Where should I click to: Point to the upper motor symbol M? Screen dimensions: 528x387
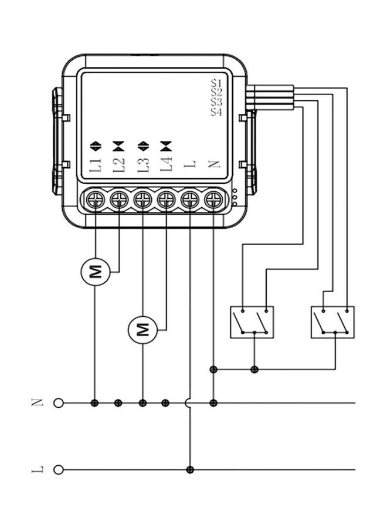pos(95,272)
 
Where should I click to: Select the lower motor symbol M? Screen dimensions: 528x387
pos(143,328)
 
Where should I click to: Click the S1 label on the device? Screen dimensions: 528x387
pos(216,83)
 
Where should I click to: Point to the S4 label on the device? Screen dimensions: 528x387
pos(216,112)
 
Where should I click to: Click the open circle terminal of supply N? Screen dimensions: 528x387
pos(58,403)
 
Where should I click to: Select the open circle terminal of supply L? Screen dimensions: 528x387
pos(58,469)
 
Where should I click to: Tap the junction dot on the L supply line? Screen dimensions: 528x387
pos(189,469)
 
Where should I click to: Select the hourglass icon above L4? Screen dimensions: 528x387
pos(167,144)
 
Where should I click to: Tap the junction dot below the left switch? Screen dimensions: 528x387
pos(254,370)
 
